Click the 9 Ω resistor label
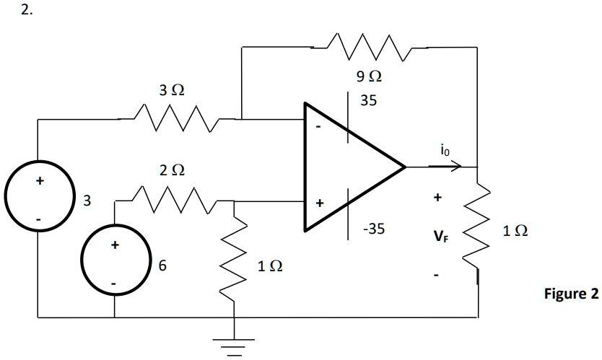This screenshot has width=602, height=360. (368, 76)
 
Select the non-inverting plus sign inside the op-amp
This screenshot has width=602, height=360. (318, 204)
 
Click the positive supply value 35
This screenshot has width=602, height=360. (368, 101)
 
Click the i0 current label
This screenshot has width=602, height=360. (445, 151)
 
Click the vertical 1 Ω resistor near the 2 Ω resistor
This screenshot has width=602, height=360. (235, 264)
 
